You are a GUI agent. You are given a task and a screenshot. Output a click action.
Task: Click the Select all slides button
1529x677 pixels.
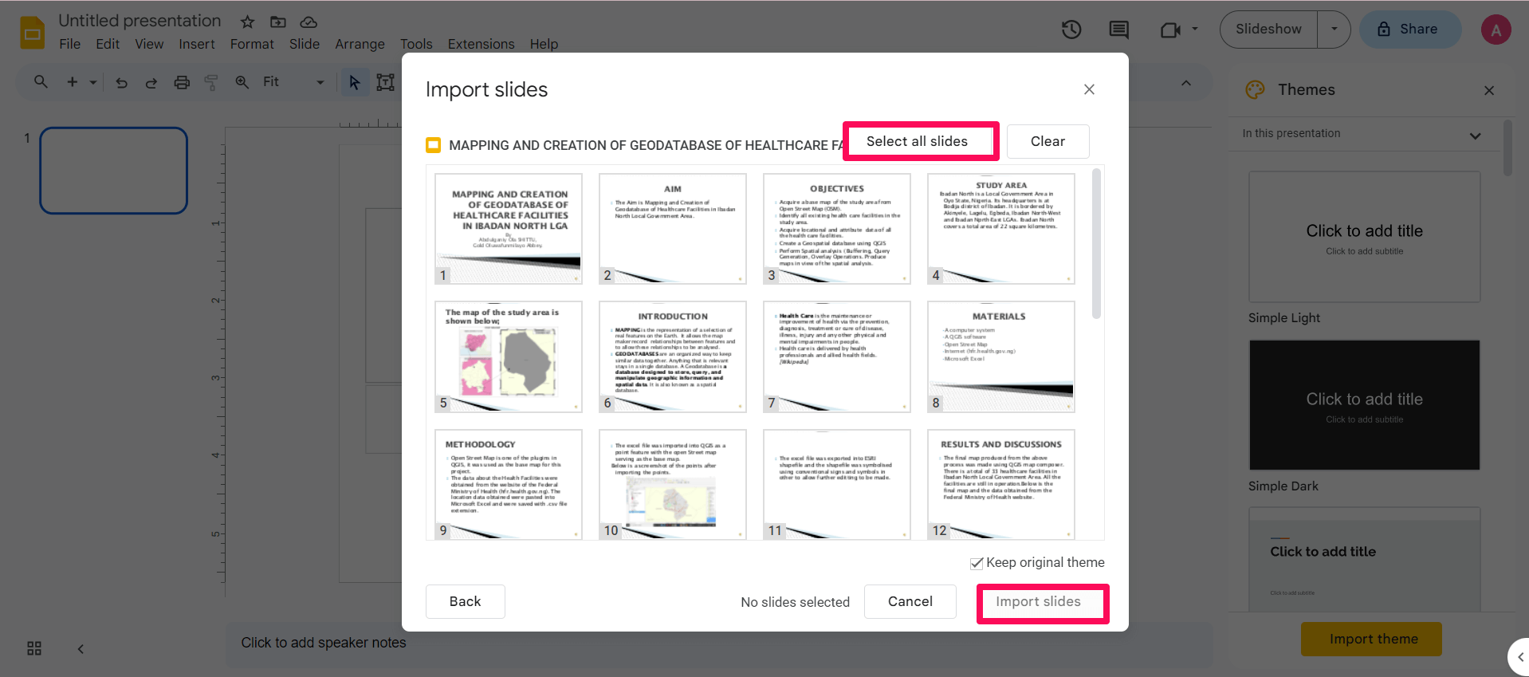click(917, 142)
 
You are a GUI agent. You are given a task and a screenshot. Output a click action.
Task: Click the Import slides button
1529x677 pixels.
click(1038, 602)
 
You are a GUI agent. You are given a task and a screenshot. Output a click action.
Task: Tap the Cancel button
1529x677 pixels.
click(910, 602)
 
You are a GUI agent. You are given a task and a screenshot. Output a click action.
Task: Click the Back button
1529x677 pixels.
click(465, 602)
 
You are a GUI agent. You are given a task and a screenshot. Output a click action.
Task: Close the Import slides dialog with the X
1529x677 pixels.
click(1089, 89)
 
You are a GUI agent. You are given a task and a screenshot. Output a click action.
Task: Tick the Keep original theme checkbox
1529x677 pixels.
click(977, 563)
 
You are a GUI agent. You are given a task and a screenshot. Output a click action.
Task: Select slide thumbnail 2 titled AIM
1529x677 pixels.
click(672, 229)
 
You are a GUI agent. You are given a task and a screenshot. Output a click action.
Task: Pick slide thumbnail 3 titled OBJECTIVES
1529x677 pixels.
click(836, 229)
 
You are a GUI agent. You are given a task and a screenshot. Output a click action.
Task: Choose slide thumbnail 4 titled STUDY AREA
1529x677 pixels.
click(1000, 229)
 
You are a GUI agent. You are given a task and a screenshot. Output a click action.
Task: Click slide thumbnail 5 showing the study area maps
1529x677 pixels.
click(508, 356)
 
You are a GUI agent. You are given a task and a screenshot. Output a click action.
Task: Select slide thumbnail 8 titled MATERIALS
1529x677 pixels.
click(1000, 356)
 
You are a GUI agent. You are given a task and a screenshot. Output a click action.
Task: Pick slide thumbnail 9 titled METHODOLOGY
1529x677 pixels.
click(508, 484)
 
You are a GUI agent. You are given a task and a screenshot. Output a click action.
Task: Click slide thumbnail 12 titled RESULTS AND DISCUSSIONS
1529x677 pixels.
click(1000, 484)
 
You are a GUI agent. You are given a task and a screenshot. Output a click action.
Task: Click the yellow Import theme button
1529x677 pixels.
click(1371, 640)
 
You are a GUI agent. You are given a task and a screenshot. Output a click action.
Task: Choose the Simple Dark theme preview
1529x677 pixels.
click(1364, 405)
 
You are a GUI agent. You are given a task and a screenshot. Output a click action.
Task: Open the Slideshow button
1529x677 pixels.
click(1268, 30)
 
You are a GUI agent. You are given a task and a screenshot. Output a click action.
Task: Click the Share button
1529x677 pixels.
click(1409, 30)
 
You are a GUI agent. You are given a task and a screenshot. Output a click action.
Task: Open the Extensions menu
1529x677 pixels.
click(481, 45)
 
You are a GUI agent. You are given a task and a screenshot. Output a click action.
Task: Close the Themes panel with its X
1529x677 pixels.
click(1488, 91)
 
